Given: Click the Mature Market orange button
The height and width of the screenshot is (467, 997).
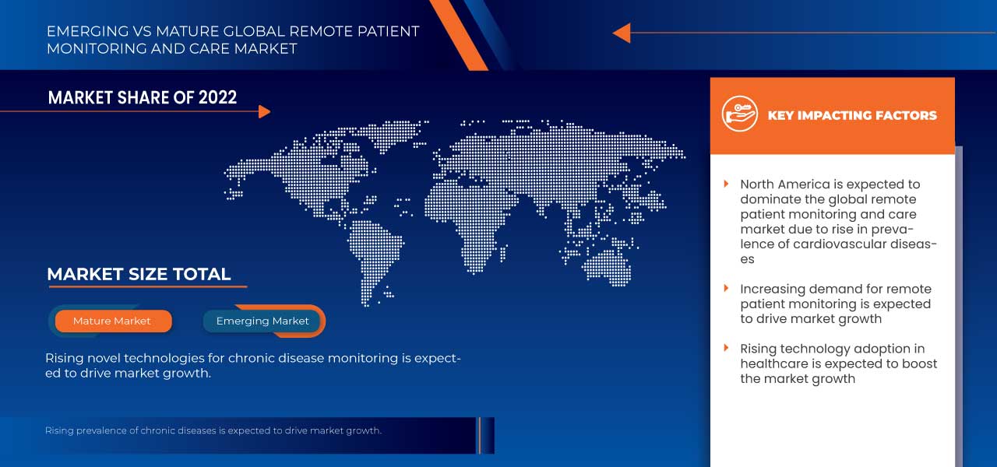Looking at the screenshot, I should [x=112, y=321].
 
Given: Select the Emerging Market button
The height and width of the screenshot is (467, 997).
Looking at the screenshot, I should [x=262, y=321].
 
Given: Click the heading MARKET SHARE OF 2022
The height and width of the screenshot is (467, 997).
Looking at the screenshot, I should [x=143, y=97].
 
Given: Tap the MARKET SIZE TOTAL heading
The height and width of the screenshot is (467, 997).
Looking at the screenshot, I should [x=139, y=274].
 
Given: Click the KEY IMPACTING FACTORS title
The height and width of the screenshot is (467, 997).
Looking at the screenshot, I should [x=852, y=115].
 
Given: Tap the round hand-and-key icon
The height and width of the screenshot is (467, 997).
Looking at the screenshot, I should [x=739, y=114].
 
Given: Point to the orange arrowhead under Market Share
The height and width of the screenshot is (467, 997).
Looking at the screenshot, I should [x=264, y=111].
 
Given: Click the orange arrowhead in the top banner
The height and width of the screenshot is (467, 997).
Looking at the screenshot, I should [x=621, y=33].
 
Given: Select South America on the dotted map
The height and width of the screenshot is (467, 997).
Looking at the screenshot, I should [x=374, y=249].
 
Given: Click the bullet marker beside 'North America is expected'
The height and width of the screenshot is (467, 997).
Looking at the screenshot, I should [x=726, y=184].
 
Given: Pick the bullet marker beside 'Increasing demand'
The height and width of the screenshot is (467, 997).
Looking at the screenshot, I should [x=726, y=289].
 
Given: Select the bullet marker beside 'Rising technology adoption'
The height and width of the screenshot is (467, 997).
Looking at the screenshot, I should [x=726, y=349].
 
